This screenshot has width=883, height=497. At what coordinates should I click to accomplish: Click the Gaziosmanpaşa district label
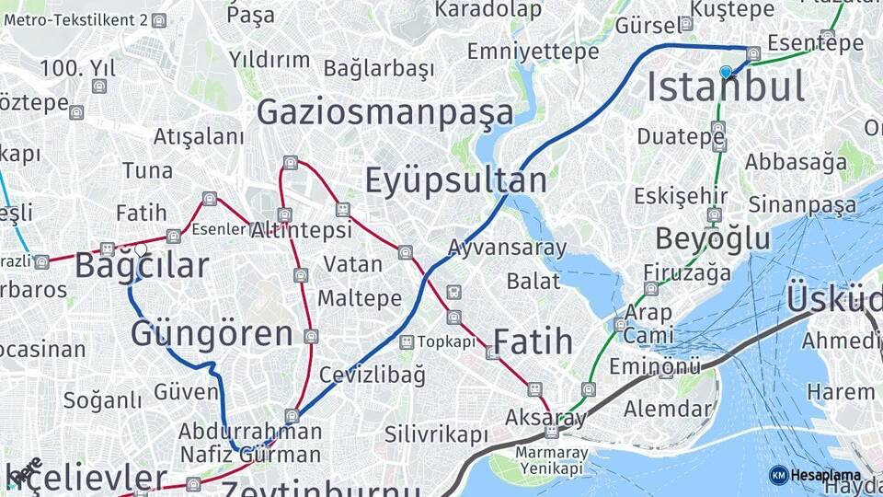pos(385,112)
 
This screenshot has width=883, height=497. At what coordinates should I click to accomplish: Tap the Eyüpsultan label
pos(456,179)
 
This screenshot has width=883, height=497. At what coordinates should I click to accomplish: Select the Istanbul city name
pos(726,87)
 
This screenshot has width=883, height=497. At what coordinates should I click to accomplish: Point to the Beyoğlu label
pos(713,238)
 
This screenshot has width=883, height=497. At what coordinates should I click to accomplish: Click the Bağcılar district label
pos(142,266)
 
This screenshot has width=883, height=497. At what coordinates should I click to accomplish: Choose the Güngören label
pos(212,333)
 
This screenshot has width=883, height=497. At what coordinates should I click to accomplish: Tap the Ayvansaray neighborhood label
pos(508,248)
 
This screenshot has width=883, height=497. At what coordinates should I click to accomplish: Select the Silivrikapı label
pos(436,433)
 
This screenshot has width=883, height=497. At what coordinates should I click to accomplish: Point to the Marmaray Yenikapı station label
pos(551,460)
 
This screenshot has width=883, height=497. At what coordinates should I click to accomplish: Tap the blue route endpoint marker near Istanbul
pos(727,71)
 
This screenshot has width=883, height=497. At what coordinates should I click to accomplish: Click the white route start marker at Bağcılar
pos(141,248)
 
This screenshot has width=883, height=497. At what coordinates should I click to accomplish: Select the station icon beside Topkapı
pos(407,341)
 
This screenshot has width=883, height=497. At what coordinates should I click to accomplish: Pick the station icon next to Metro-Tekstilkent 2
pos(159,20)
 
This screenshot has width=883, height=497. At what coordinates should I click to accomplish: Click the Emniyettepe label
pos(533,52)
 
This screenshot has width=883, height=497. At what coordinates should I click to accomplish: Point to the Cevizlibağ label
pos(373,375)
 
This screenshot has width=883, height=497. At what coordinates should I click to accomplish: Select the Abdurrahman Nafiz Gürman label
pos(250,443)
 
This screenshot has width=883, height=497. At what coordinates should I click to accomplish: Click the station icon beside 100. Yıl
pos(99,87)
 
